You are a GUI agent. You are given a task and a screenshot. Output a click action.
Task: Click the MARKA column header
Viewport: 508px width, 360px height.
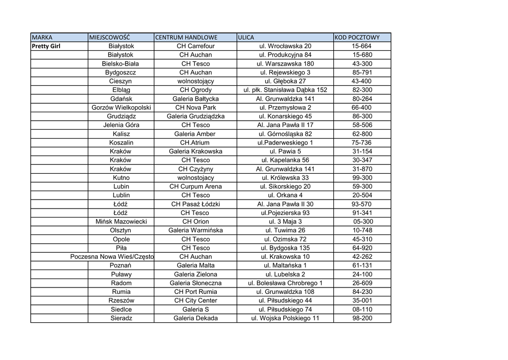tap(42, 37)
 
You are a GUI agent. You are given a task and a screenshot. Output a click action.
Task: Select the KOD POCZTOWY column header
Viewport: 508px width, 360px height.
tap(357, 37)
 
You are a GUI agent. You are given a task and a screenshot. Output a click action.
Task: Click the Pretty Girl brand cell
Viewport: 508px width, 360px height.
tap(46, 46)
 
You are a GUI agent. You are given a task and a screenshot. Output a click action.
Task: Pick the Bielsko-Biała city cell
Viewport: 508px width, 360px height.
tap(121, 64)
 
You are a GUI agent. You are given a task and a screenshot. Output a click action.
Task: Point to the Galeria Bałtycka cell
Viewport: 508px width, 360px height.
tap(195, 99)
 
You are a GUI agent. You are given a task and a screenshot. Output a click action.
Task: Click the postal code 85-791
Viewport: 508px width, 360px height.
tap(362, 72)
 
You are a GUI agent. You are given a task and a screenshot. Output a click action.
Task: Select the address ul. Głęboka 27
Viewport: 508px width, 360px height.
tap(285, 81)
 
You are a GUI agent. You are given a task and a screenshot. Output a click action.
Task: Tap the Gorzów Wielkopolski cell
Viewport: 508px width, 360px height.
tap(122, 108)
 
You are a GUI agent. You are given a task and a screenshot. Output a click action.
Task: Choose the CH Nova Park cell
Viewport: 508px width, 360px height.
tap(195, 108)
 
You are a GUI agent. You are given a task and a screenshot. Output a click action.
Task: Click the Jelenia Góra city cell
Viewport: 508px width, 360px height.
tap(121, 125)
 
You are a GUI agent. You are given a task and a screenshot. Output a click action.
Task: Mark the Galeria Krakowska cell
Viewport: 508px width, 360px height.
tap(195, 151)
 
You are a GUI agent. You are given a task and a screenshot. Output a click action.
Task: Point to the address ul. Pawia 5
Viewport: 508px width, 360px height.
tap(285, 151)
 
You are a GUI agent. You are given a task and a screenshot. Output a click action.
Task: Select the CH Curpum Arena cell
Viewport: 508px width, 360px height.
tap(195, 187)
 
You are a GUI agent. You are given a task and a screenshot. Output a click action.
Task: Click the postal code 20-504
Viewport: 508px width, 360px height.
tap(362, 195)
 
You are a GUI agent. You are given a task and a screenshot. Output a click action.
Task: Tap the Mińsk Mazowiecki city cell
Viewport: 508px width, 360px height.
tap(121, 221)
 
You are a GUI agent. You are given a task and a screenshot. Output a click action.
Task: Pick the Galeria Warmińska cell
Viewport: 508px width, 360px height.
tap(195, 230)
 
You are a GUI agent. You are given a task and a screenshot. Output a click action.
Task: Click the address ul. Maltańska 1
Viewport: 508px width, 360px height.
tap(285, 266)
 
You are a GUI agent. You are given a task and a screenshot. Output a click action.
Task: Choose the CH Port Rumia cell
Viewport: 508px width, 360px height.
tap(195, 292)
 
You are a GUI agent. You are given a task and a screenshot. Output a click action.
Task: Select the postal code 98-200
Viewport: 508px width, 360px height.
tap(362, 318)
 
